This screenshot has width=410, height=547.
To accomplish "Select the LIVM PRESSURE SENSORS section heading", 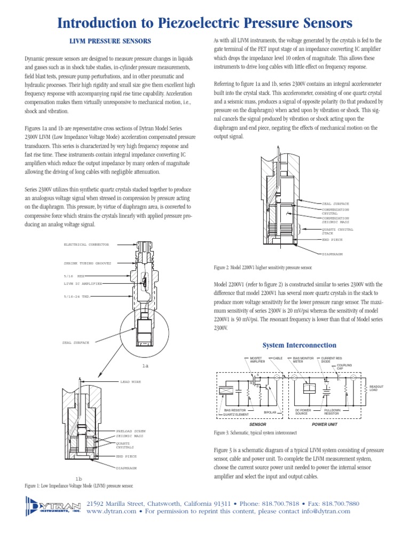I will point(112,41).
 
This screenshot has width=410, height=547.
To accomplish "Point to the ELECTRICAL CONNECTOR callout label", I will point(86,244).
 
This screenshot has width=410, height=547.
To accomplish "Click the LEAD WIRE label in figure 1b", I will point(131,382).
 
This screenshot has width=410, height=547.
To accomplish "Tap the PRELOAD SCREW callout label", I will point(131,431).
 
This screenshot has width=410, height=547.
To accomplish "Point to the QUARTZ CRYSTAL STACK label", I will point(337,231).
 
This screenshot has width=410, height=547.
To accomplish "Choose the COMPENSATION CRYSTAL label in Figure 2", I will point(336,212).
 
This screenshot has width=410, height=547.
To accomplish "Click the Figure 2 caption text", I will point(263,267).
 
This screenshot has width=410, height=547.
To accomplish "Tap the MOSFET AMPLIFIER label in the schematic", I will point(257,360).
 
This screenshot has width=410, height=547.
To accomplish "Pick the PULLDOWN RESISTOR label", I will point(332,412).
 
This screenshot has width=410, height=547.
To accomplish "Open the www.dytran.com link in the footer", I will point(112,511).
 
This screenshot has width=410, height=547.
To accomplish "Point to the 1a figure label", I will point(145,366).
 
